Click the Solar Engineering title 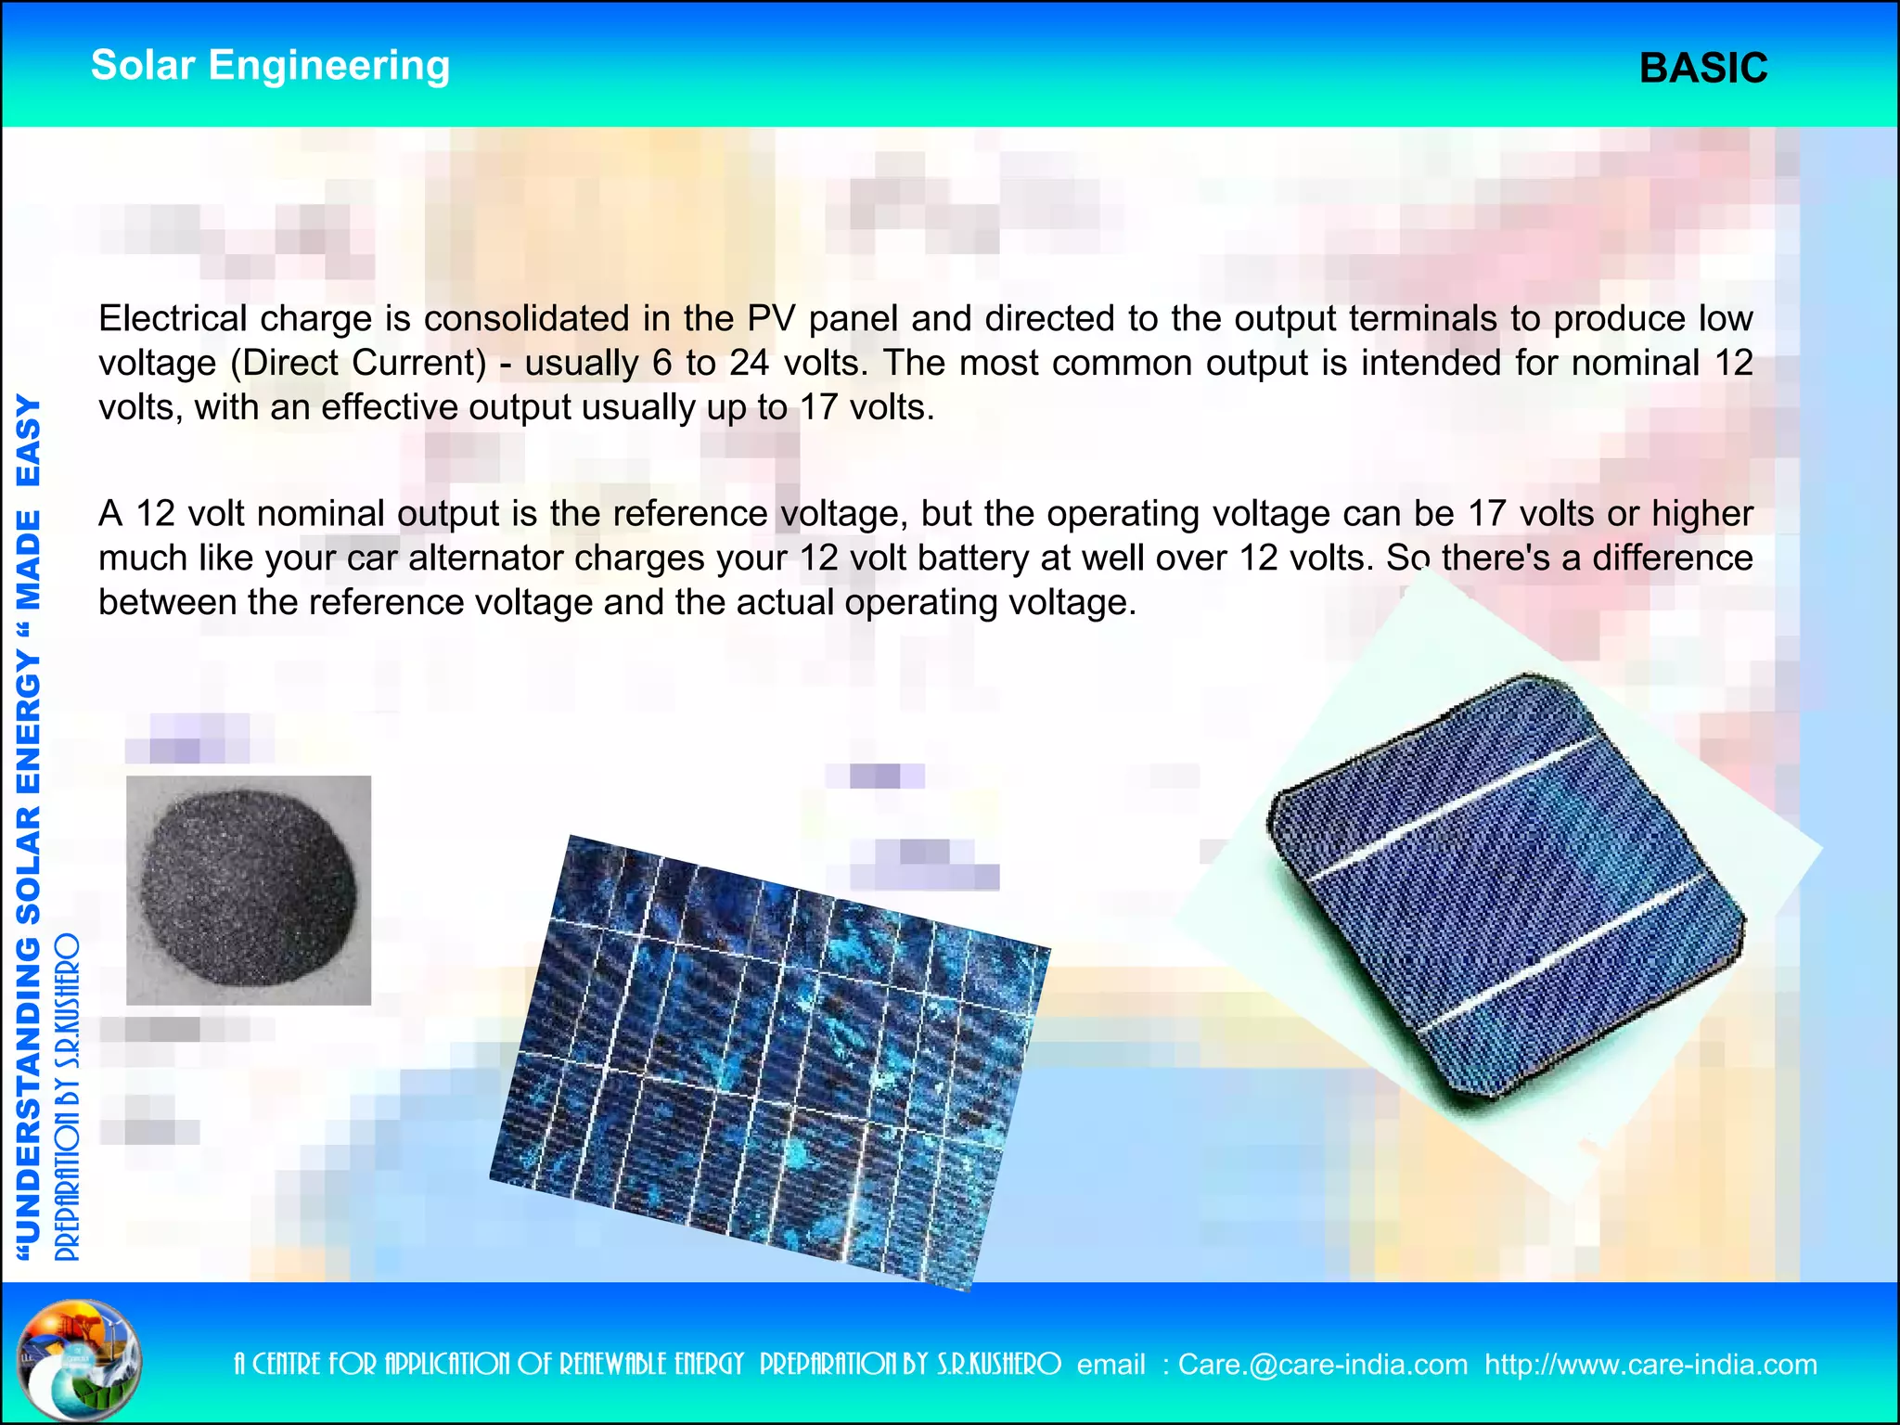click(270, 66)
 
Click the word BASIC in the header click(1702, 69)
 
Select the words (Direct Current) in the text click(358, 363)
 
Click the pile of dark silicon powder click(248, 888)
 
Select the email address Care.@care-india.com click(1322, 1365)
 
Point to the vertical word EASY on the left click(29, 440)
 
